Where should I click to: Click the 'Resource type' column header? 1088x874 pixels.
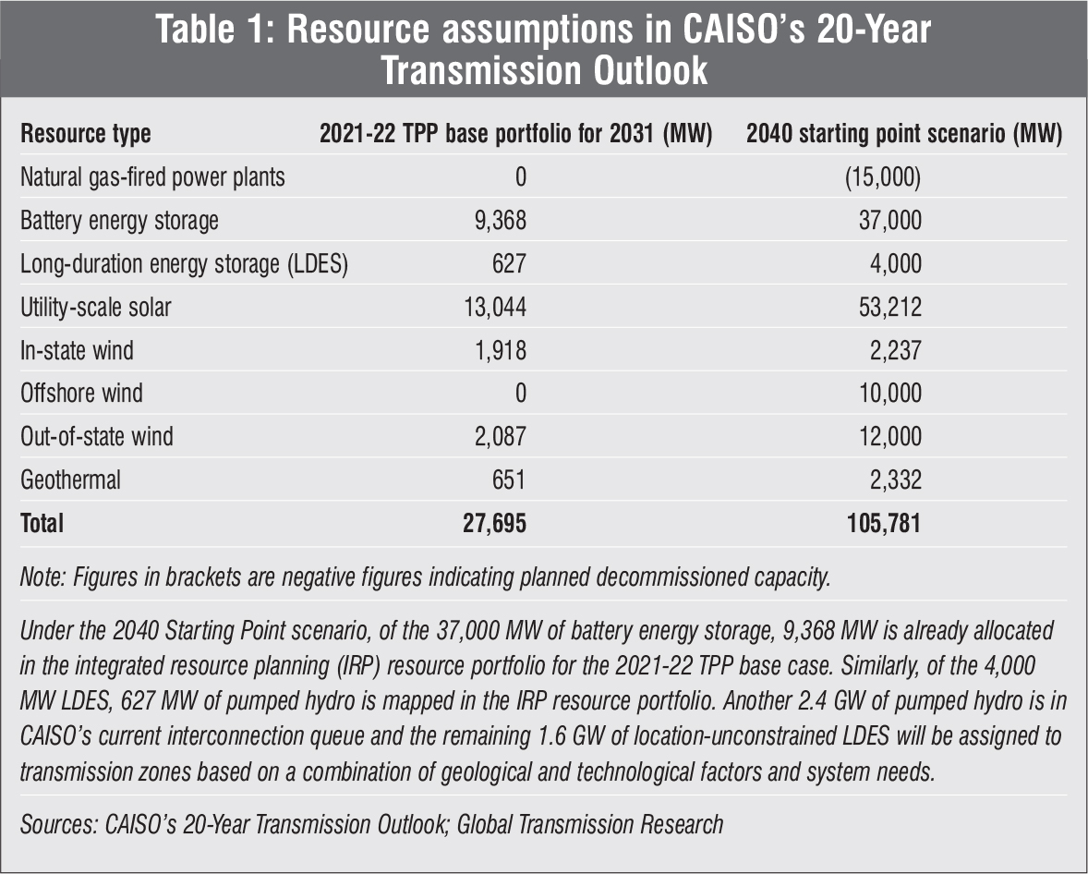pyautogui.click(x=86, y=134)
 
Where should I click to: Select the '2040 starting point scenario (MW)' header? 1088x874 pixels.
pyautogui.click(x=903, y=134)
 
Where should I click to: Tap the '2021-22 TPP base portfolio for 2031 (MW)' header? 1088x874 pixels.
pyautogui.click(x=515, y=134)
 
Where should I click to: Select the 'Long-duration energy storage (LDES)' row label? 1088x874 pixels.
pyautogui.click(x=184, y=264)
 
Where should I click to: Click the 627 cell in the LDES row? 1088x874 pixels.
pyautogui.click(x=508, y=264)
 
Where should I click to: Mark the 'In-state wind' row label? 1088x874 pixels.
pyautogui.click(x=77, y=350)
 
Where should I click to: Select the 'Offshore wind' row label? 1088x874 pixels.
pyautogui.click(x=81, y=394)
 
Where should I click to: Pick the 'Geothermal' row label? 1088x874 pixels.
pyautogui.click(x=70, y=479)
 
